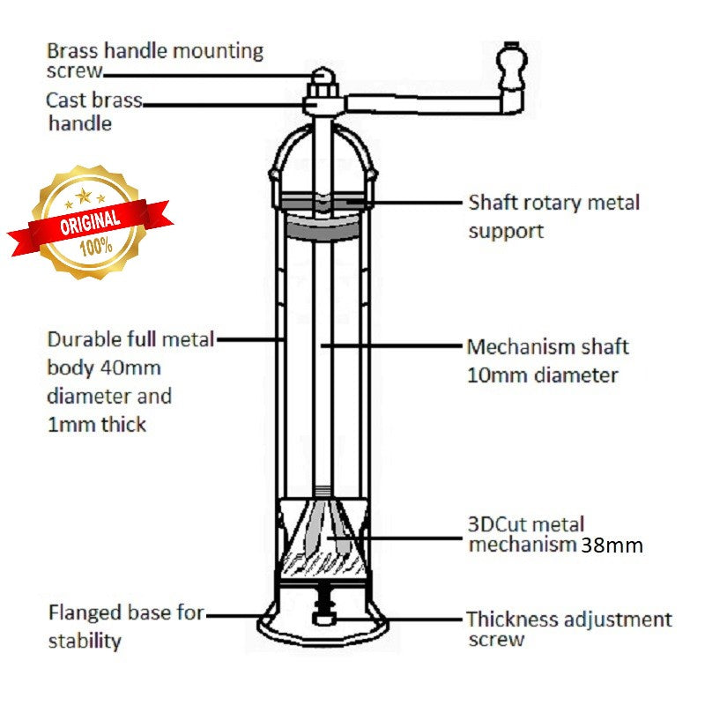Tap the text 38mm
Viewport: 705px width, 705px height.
pyautogui.click(x=612, y=545)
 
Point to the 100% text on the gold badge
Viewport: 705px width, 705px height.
pyautogui.click(x=98, y=247)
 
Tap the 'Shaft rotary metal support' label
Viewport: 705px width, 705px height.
pyautogui.click(x=553, y=217)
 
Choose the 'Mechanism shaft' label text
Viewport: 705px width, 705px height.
pyautogui.click(x=547, y=346)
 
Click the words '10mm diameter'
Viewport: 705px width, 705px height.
pyautogui.click(x=542, y=375)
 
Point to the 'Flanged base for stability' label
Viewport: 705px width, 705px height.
pyautogui.click(x=125, y=626)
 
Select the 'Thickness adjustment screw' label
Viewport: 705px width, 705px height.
pyautogui.click(x=568, y=629)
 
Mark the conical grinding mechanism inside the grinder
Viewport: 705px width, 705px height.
pyautogui.click(x=324, y=533)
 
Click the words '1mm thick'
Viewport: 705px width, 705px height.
pyautogui.click(x=97, y=424)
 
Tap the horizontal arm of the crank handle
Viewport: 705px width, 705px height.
pyautogui.click(x=423, y=104)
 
